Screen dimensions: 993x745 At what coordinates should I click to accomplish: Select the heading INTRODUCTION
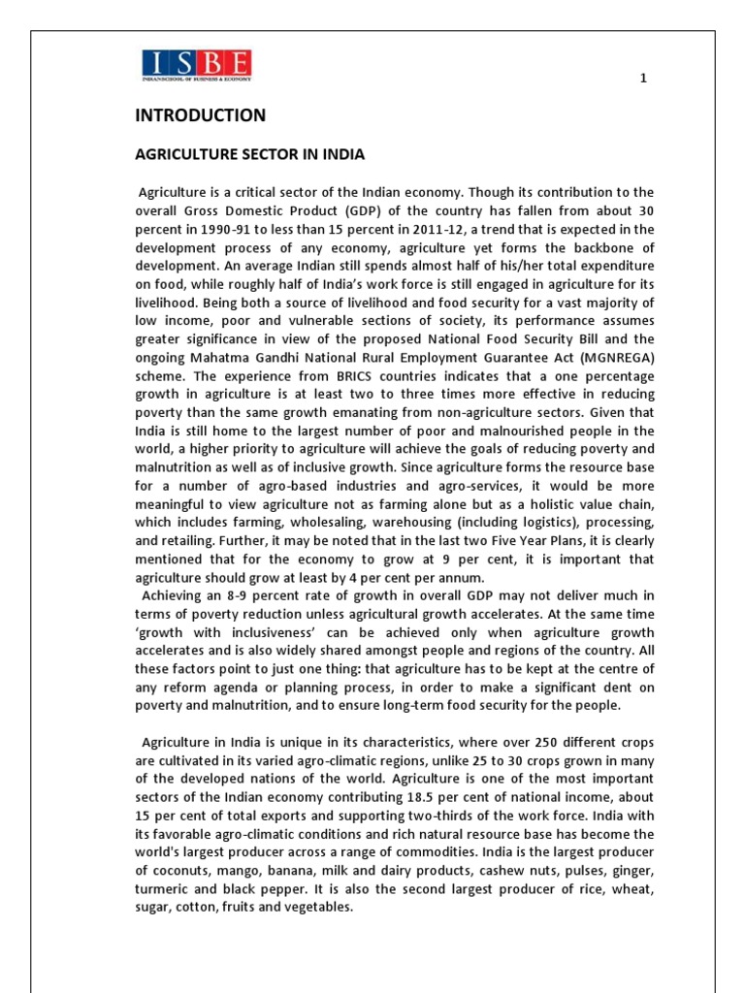click(x=200, y=115)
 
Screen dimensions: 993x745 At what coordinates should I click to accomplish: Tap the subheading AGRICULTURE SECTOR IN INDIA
click(x=249, y=154)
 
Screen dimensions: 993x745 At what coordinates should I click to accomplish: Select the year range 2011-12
click(x=441, y=228)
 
